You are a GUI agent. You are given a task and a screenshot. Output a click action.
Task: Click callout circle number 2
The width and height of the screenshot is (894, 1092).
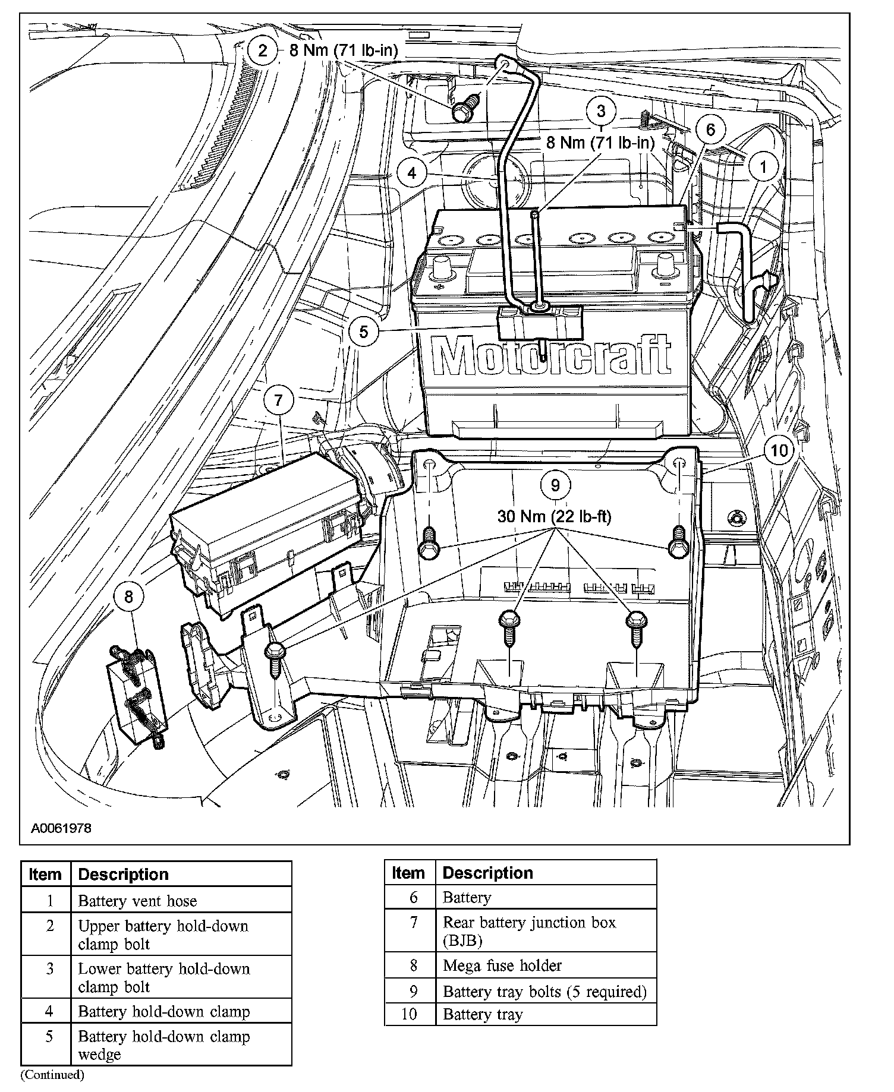pos(263,51)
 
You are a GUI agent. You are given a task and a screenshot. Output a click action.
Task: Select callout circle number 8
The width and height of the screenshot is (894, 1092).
pos(130,595)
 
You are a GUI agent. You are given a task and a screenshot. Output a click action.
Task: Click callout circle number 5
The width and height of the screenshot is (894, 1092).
pos(364,331)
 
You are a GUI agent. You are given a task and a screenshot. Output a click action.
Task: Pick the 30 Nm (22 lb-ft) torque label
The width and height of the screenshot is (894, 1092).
pos(554,516)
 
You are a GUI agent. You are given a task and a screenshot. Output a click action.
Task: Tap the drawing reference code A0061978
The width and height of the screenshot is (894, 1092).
pos(62,828)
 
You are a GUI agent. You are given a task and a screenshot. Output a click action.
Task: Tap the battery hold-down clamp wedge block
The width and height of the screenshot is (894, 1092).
pos(540,324)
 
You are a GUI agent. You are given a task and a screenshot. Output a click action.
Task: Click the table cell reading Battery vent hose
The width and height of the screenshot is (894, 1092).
pos(137,901)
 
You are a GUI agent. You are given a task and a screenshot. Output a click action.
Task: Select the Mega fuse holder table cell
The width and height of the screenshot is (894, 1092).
pos(502,965)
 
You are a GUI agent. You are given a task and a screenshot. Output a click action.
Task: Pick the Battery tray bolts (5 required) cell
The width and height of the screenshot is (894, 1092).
pos(544,992)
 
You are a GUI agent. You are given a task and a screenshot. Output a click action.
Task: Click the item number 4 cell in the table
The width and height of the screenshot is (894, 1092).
pos(49,1011)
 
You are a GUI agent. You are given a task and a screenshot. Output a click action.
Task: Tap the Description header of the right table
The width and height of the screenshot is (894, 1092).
pos(488,873)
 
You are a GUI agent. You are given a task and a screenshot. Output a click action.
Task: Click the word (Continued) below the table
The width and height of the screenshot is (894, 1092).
pos(53,1074)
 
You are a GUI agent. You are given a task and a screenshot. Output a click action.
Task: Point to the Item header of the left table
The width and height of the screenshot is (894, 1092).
pos(45,875)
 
